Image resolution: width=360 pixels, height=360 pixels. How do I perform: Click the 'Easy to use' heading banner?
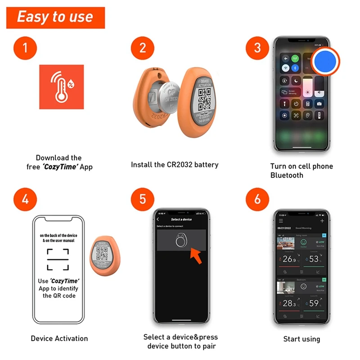(x=55, y=17)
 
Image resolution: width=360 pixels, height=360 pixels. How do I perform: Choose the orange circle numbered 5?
(x=143, y=198)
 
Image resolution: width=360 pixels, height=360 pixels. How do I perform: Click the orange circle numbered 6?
(x=257, y=198)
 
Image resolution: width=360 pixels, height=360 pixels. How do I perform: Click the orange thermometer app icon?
(x=61, y=87)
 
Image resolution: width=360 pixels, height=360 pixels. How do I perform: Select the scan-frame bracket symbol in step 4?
(x=58, y=259)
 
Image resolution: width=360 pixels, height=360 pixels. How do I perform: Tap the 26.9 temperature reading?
(x=288, y=259)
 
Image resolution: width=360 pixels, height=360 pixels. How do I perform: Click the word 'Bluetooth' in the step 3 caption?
(x=287, y=175)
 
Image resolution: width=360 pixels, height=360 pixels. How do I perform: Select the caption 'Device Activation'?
(x=59, y=338)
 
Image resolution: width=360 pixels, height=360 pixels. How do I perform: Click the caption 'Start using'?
(x=301, y=339)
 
